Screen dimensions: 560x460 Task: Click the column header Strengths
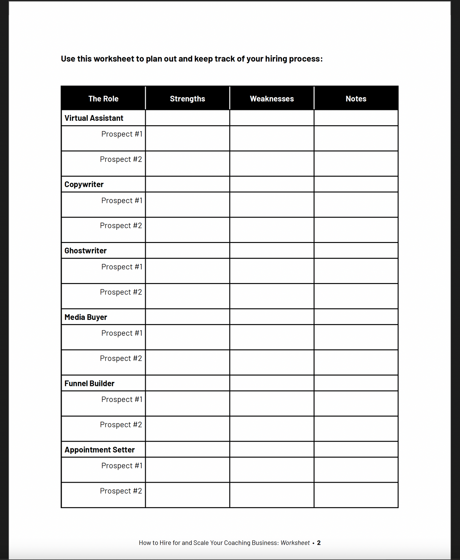pos(187,99)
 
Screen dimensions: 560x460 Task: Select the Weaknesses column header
pos(272,99)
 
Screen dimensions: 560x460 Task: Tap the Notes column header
pos(356,99)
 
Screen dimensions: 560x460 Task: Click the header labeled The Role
pos(103,99)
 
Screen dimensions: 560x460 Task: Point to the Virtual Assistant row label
pos(94,118)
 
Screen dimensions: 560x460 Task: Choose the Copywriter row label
pos(84,184)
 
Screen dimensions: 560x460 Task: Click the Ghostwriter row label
pos(85,251)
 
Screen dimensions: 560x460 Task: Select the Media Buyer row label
pos(86,317)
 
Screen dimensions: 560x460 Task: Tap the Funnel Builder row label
pos(89,383)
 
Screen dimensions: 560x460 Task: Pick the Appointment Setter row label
pos(99,450)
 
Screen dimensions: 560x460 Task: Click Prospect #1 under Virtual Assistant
pos(122,134)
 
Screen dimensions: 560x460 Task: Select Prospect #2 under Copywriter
pos(121,226)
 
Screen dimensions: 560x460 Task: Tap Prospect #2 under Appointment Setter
pos(121,491)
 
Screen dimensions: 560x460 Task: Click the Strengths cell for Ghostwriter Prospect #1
pos(187,271)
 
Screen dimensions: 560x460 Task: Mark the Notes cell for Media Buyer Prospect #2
pos(356,363)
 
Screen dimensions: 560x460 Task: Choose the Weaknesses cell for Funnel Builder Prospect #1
pos(272,404)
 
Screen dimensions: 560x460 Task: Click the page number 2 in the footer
pos(319,543)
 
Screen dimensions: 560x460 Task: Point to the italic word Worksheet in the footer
pos(295,543)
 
